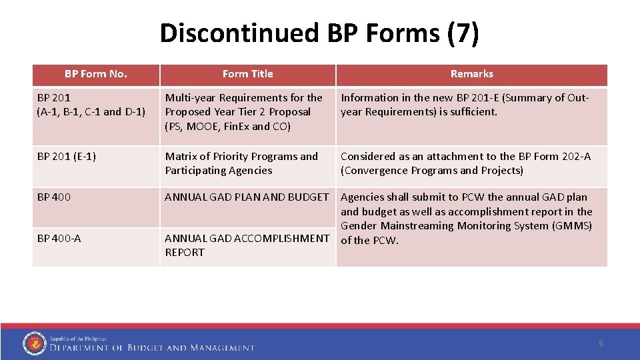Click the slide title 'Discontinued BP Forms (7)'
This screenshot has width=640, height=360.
point(319,33)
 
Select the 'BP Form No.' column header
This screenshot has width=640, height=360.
point(95,74)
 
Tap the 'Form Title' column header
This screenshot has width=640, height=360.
point(247,74)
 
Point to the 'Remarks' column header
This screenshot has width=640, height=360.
point(471,74)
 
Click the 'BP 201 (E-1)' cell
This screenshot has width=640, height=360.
point(67,157)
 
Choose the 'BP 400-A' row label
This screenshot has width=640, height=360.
point(59,238)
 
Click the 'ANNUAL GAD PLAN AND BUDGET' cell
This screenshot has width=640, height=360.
point(247,197)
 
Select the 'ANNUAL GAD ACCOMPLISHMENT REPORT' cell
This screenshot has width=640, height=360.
point(247,245)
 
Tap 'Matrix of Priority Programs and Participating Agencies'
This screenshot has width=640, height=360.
point(241,163)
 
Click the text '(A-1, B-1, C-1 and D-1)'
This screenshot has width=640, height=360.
point(91,112)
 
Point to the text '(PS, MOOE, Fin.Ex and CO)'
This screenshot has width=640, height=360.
point(227,126)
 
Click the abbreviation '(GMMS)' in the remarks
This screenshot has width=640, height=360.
point(571,226)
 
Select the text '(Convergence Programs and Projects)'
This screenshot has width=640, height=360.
point(432,171)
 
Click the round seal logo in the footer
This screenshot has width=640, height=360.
point(34,343)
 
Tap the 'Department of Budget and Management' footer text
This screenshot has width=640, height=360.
point(152,347)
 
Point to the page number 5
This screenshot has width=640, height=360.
point(601,343)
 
